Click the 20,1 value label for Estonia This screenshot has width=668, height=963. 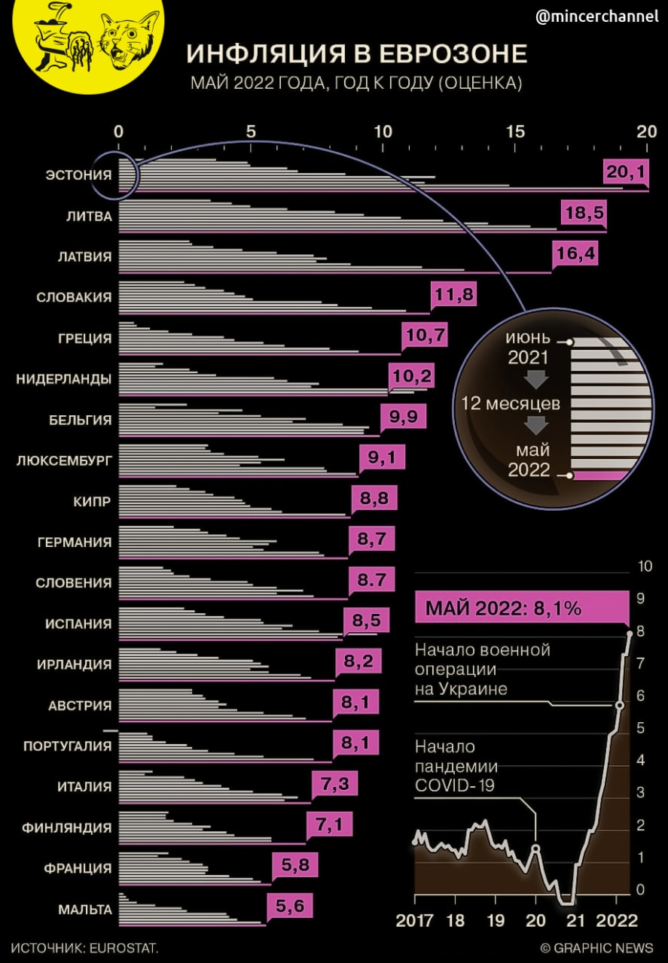point(626,173)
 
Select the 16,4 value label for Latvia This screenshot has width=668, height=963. point(576,254)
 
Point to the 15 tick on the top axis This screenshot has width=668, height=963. point(515,131)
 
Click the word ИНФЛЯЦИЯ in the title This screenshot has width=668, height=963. point(274,55)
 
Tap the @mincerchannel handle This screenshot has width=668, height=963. point(596,16)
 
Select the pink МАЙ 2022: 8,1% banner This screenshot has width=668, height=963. point(521,608)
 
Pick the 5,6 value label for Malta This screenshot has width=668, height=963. point(288,907)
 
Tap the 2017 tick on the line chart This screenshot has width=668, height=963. point(415,920)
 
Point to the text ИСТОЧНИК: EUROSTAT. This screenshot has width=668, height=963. point(85,947)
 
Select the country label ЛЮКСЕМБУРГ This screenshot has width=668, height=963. point(64,460)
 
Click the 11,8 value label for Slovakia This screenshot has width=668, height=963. point(454,295)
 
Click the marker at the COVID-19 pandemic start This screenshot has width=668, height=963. point(535,849)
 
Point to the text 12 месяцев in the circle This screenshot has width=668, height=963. point(511,403)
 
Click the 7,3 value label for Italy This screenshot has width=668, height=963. point(334,785)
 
